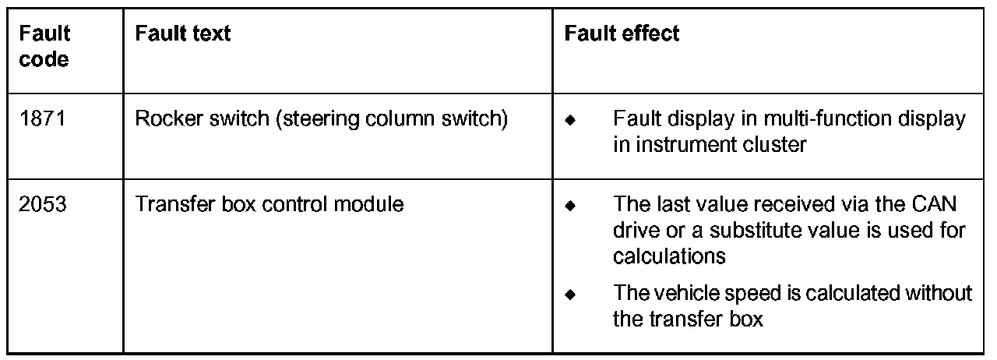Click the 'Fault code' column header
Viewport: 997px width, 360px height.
click(44, 47)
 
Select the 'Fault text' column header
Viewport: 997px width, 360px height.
click(182, 34)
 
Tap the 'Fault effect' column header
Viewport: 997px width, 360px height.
click(622, 34)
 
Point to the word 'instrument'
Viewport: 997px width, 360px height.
click(674, 145)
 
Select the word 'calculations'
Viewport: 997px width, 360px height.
click(669, 256)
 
